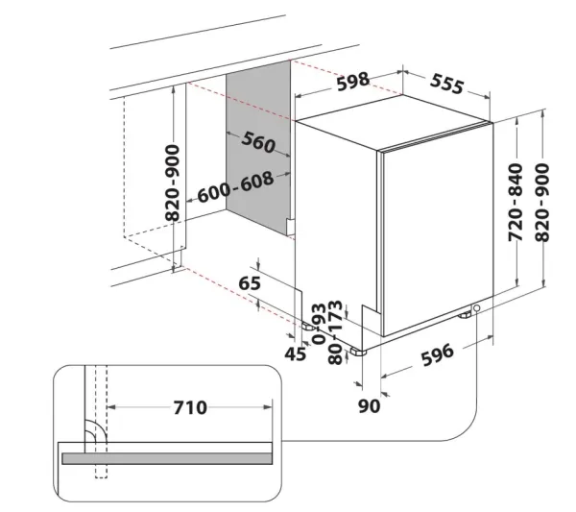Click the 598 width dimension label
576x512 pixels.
(352, 82)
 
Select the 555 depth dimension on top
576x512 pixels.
(446, 84)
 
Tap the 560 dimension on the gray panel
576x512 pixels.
(258, 142)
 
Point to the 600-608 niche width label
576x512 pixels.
(236, 186)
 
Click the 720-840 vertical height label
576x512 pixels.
(515, 203)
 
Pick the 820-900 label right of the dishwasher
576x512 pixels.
(542, 203)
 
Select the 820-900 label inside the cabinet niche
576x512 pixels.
(172, 183)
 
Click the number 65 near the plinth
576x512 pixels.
(250, 283)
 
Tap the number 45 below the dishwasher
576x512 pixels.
(296, 354)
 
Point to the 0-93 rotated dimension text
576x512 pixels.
(319, 324)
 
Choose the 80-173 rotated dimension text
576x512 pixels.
(335, 332)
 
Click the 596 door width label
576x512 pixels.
(437, 355)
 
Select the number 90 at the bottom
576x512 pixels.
(370, 406)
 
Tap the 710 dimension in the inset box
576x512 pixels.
(190, 407)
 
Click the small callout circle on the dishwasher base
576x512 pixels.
(477, 307)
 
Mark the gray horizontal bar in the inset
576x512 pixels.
(167, 458)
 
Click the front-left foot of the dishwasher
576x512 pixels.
(358, 352)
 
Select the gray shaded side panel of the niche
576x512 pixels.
(258, 147)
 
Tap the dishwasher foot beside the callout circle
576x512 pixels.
(465, 315)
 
